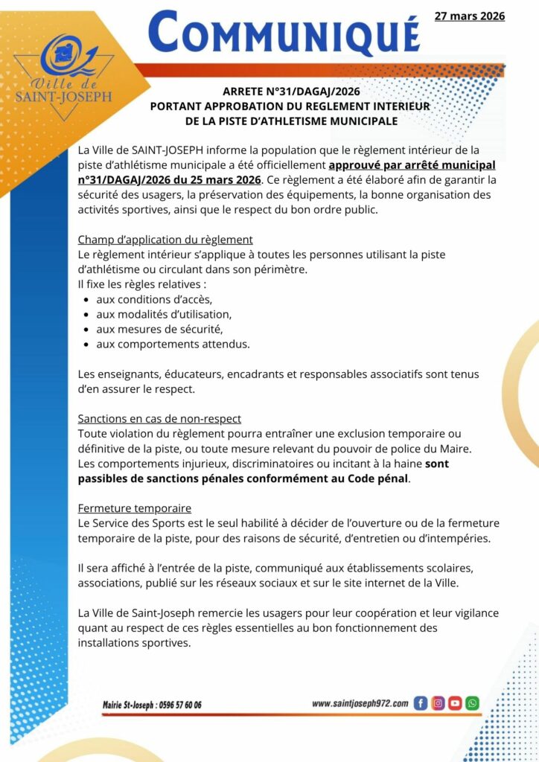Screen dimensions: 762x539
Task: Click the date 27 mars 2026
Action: coord(469,16)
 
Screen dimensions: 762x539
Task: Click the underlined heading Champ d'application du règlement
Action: coord(165,240)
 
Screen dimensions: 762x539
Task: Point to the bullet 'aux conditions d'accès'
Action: coord(154,299)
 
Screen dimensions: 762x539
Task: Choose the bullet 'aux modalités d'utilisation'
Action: coord(164,314)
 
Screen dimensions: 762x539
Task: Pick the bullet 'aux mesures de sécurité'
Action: coord(159,329)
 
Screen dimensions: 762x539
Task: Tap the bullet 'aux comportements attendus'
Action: coord(173,344)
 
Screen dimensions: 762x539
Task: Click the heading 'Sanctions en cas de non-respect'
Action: coord(159,418)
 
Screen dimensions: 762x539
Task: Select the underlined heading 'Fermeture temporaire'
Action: coord(135,508)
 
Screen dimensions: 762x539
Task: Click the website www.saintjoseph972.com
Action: coord(360,703)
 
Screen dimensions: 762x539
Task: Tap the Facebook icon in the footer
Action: coord(421,703)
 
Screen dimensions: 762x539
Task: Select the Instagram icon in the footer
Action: coord(438,703)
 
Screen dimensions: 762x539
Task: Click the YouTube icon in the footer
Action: coord(455,703)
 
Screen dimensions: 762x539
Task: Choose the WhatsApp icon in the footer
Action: coord(472,703)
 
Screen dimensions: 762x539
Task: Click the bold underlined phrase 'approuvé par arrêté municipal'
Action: coord(412,165)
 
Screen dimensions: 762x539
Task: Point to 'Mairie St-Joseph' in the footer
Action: coord(128,705)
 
